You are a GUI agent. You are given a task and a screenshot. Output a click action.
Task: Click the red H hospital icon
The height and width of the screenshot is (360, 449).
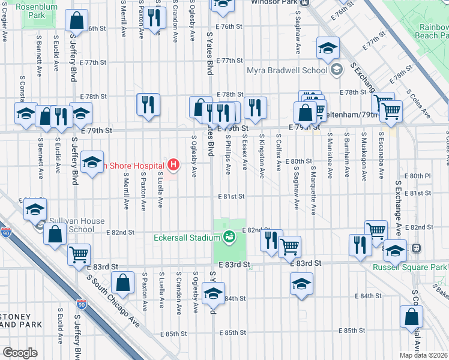[x=174, y=163]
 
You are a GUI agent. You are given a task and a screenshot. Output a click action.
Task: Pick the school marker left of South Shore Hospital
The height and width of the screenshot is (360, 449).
[x=91, y=163]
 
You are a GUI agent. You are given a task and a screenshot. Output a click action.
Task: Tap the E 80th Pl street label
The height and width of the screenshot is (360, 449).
[x=418, y=175]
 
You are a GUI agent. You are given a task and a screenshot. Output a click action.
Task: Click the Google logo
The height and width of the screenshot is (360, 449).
[x=20, y=352]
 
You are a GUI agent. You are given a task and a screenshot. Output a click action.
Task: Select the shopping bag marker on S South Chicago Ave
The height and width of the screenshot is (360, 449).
[x=123, y=284]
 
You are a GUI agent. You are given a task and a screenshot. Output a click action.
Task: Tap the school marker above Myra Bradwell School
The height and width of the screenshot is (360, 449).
[x=328, y=49]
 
